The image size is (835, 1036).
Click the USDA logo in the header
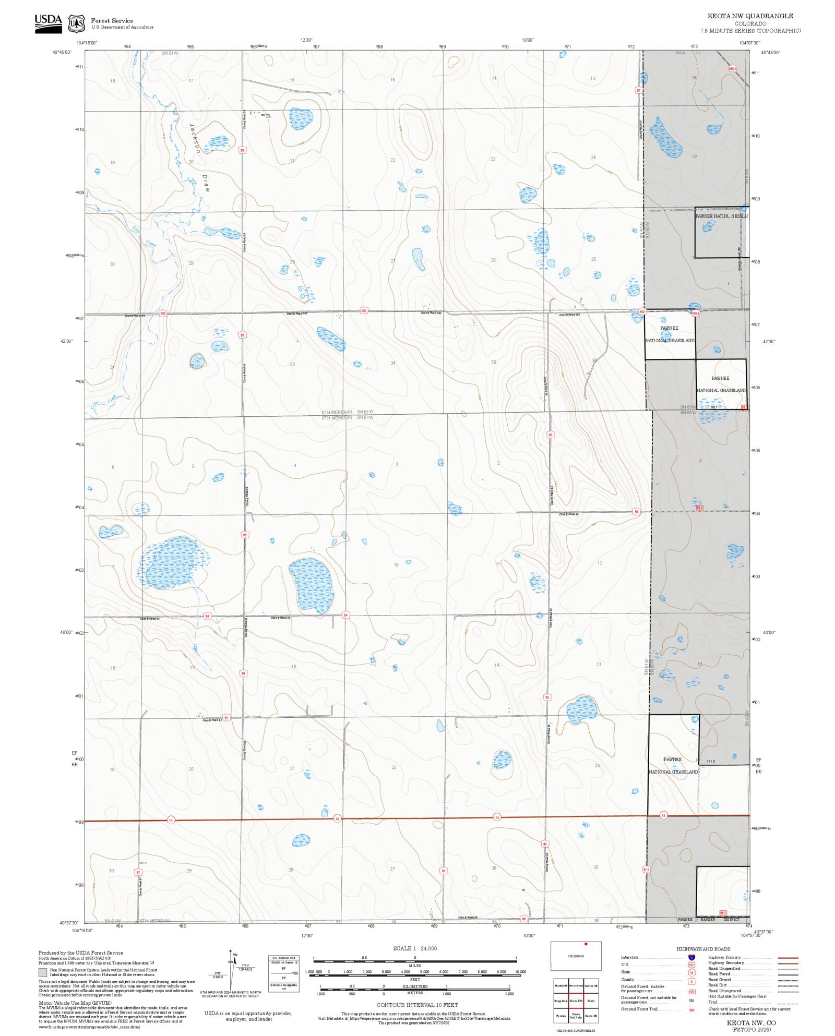click(x=48, y=23)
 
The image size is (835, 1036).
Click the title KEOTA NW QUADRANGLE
click(x=750, y=16)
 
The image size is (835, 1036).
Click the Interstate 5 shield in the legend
click(x=691, y=958)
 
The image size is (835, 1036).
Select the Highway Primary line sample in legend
click(x=788, y=958)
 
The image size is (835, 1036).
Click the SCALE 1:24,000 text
click(x=415, y=948)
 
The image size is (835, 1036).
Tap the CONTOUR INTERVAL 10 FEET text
click(x=417, y=1005)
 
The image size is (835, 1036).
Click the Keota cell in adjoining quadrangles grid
click(x=591, y=1001)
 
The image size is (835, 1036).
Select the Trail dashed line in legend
click(x=788, y=1002)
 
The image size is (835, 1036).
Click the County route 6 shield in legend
click(x=691, y=981)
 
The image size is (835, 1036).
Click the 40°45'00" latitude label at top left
click(x=62, y=52)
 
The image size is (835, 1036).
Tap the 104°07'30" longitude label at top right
click(x=749, y=43)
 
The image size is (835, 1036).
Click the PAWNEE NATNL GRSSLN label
click(x=721, y=216)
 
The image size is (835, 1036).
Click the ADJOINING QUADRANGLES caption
click(x=576, y=1031)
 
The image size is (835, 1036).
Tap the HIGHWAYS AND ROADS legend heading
click(x=703, y=949)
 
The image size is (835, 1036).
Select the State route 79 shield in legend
click(x=691, y=973)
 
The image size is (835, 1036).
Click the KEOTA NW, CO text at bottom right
click(x=751, y=1023)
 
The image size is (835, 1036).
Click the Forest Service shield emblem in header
click(x=77, y=23)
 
